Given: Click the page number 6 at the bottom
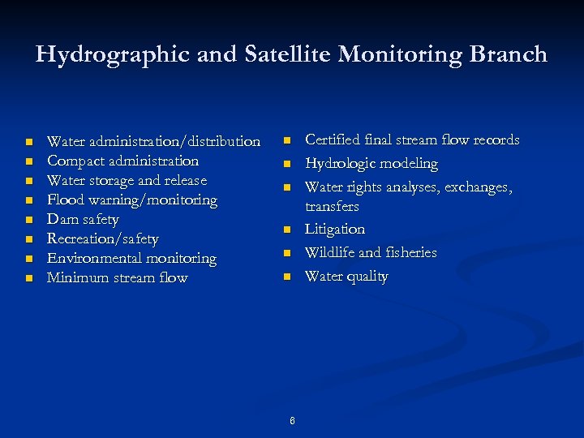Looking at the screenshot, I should click(x=292, y=420).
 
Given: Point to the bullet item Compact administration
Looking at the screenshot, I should click(x=122, y=161).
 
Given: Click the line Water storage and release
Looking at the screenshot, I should click(x=127, y=181).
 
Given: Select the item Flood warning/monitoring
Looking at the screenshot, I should click(x=132, y=200).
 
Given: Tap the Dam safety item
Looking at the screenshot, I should click(x=83, y=220).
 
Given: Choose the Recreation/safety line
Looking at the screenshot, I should click(x=103, y=239).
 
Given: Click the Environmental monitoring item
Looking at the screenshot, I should click(x=131, y=259).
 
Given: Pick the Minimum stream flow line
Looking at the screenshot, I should click(x=117, y=278).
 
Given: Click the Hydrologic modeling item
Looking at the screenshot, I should click(x=371, y=164).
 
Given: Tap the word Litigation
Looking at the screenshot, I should click(x=334, y=230).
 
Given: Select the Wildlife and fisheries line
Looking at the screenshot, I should click(x=370, y=253).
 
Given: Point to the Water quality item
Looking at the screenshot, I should click(x=346, y=277).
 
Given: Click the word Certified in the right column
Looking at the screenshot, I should click(x=332, y=140).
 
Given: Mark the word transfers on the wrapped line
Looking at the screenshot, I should click(x=332, y=207).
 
